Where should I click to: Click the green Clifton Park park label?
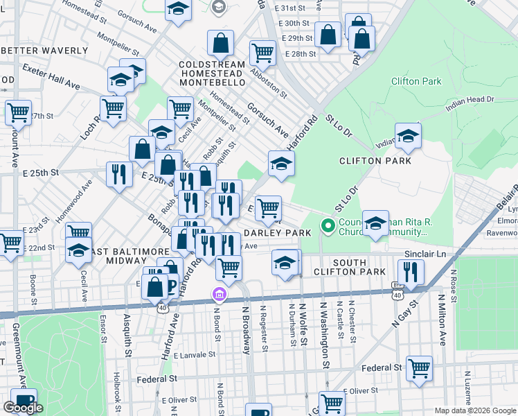[x=416, y=81]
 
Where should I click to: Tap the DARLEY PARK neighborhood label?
[x=278, y=233]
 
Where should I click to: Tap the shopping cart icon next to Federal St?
[x=420, y=368]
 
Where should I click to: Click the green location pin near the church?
[x=328, y=226]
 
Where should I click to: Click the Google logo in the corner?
[x=23, y=408]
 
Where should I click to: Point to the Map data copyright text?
[x=474, y=410]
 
